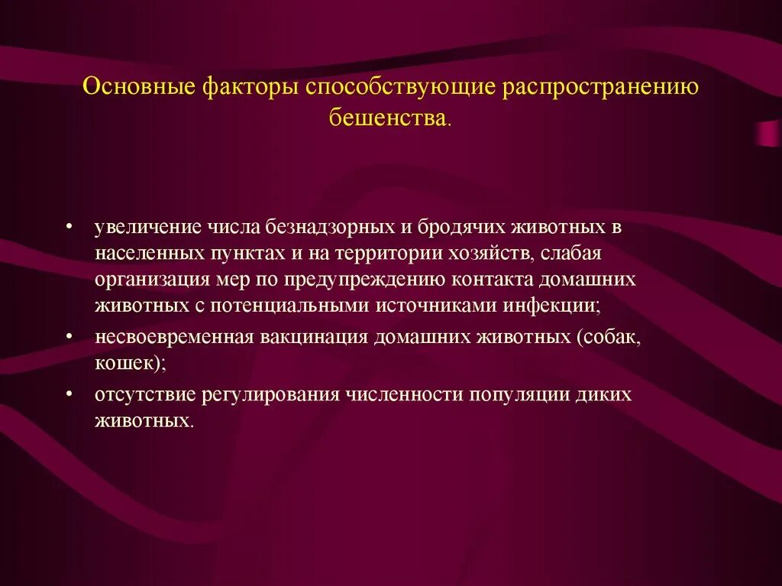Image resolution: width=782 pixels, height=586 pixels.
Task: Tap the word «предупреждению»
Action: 349,280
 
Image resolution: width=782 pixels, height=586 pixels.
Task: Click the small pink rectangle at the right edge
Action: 767,133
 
